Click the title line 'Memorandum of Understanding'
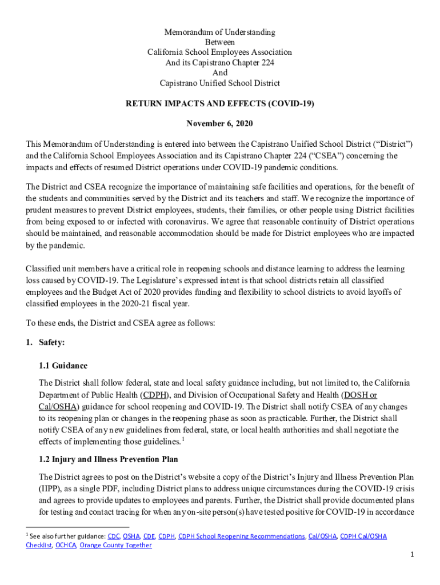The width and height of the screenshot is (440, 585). tap(219, 32)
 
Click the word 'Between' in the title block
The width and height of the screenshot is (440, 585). tap(219, 42)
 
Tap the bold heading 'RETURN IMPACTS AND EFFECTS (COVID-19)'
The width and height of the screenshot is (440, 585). tap(219, 105)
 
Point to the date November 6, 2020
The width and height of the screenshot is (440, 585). tap(219, 123)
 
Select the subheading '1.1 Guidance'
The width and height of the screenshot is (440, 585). tap(63, 366)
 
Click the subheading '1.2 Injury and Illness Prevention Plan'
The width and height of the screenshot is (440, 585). tap(108, 459)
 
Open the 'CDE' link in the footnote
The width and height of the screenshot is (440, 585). tap(149, 536)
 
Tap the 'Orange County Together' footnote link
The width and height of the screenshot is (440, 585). tap(115, 545)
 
